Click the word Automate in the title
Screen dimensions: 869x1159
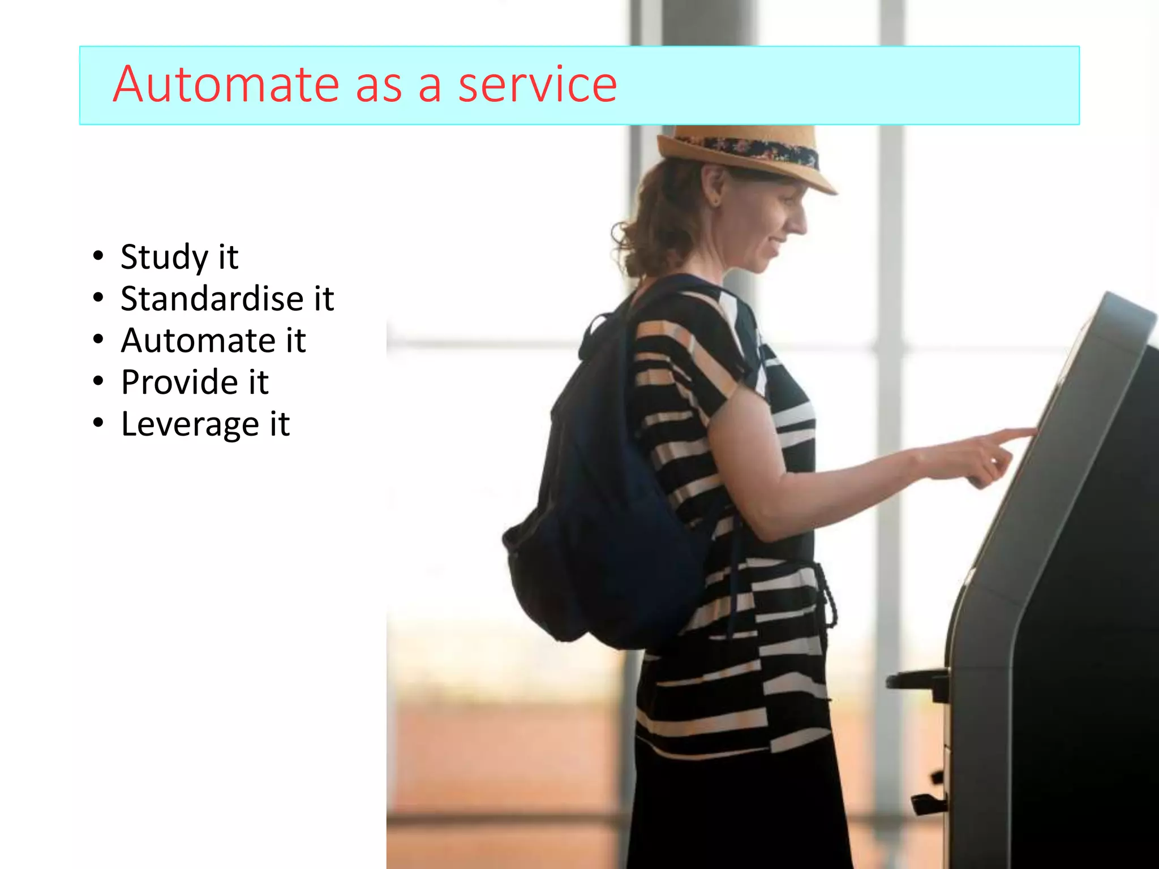point(225,85)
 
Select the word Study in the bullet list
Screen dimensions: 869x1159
point(164,257)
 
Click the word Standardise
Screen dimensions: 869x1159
point(212,299)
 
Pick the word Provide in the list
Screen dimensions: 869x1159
point(179,382)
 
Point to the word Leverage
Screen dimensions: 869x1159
point(190,424)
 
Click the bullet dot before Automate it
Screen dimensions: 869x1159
point(98,340)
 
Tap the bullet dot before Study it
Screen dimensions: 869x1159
point(98,256)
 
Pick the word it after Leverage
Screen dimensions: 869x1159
point(280,424)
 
